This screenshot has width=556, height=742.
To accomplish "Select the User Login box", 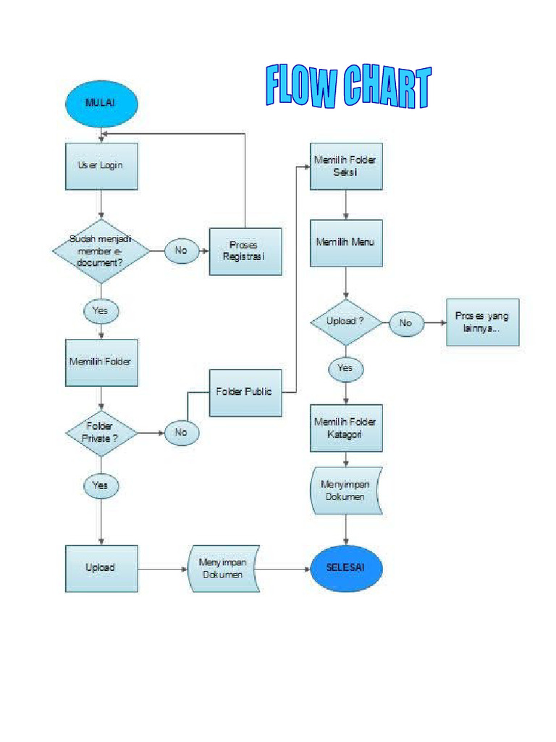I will point(101,166).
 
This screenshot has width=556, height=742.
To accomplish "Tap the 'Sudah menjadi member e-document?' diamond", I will point(101,251).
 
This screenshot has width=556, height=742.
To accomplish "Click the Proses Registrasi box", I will point(245,251).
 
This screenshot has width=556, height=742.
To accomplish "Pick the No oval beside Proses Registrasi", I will point(181,251).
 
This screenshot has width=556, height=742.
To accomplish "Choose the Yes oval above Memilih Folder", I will point(101,311).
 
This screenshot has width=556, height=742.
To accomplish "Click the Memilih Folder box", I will point(101,362).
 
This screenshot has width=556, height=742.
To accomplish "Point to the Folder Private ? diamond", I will point(101,433).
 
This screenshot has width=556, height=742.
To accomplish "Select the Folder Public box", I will point(245,393).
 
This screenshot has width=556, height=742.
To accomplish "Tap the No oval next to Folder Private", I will point(181,433).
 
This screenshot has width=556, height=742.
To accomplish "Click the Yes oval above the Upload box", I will point(101,485).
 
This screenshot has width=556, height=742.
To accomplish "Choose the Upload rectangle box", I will point(101,569).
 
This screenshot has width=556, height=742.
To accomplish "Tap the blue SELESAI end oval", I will point(346,568).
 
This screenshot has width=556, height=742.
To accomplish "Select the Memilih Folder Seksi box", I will point(346,166).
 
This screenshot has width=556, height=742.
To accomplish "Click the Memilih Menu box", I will point(346,243).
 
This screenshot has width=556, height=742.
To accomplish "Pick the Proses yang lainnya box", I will point(482,322).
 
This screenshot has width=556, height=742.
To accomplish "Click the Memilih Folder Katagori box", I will point(346,428).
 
